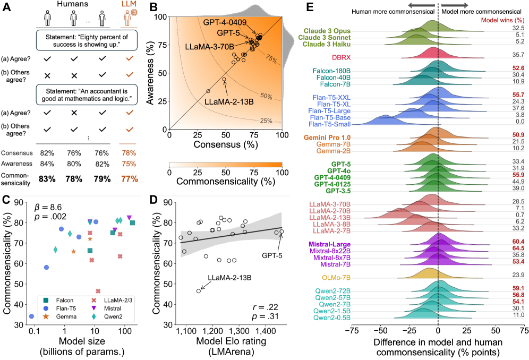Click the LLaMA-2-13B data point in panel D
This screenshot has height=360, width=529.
tap(199, 290)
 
